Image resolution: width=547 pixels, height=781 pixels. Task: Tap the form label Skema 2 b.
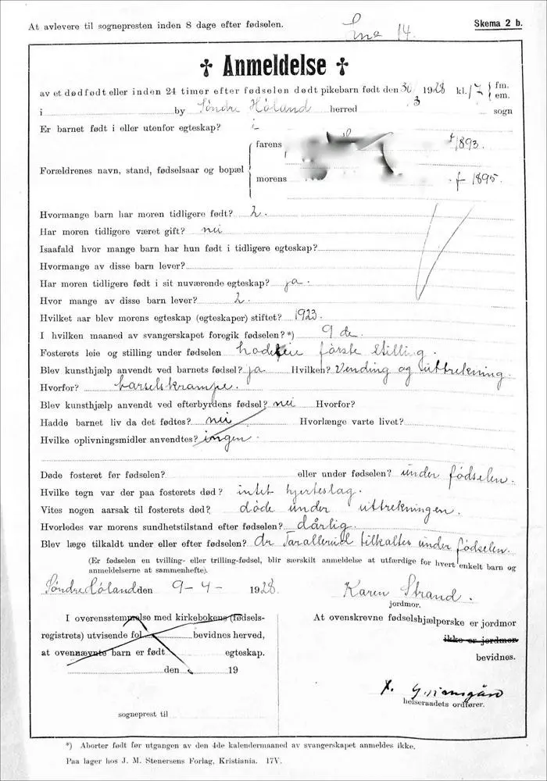pyautogui.click(x=497, y=24)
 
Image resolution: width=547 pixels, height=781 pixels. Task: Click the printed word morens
pyautogui.click(x=271, y=179)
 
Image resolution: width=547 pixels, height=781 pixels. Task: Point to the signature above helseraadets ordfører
pyautogui.click(x=441, y=690)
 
